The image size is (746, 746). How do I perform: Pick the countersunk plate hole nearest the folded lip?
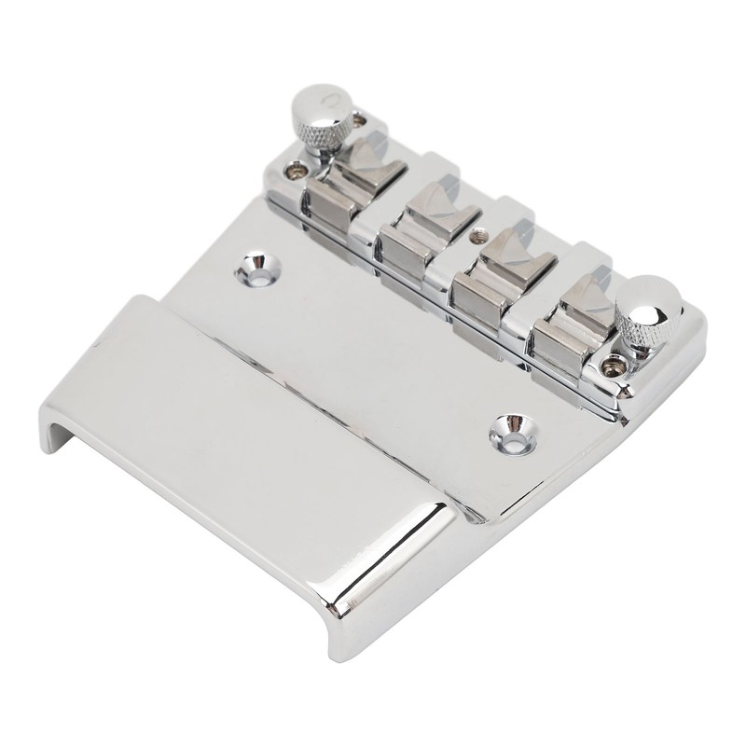[507, 428]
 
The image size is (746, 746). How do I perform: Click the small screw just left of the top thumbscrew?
[297, 171]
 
